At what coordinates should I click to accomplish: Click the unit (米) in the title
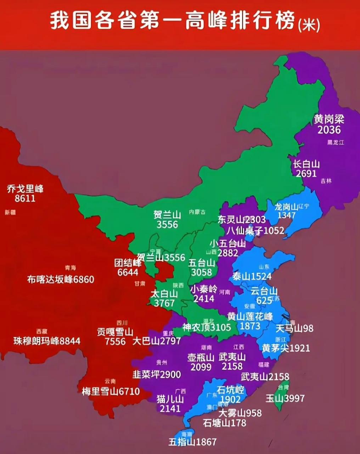click(x=309, y=26)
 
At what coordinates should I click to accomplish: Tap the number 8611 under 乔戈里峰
click(x=25, y=198)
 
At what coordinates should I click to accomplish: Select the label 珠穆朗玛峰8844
click(x=47, y=341)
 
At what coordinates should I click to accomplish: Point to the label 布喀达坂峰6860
click(x=61, y=279)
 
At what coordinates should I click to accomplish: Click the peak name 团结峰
click(x=128, y=263)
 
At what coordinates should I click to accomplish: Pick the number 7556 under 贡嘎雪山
click(x=115, y=342)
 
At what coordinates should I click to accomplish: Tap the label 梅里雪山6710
click(x=111, y=392)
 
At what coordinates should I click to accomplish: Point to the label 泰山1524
click(x=252, y=276)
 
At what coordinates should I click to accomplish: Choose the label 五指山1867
click(x=192, y=442)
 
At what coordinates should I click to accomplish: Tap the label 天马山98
click(x=294, y=328)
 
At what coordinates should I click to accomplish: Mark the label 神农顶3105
click(x=207, y=327)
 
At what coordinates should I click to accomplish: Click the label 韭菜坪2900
click(x=157, y=375)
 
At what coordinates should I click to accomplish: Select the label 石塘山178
click(x=225, y=423)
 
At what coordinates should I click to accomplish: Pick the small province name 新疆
click(x=10, y=213)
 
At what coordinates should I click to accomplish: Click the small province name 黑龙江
click(x=335, y=143)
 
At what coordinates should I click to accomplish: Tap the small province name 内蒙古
click(x=197, y=212)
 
